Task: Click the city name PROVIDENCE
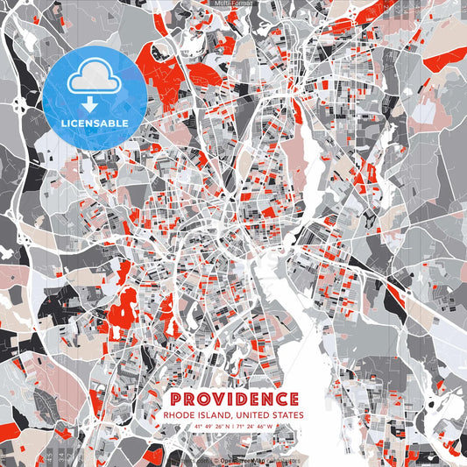click(x=232, y=399)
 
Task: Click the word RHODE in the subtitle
click(x=178, y=414)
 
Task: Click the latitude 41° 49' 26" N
click(x=203, y=427)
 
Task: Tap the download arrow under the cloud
click(x=91, y=104)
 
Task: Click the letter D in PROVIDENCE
click(x=241, y=399)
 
